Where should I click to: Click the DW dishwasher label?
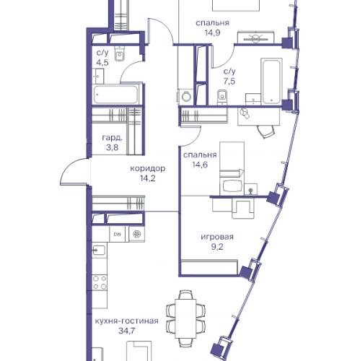click(x=118, y=234)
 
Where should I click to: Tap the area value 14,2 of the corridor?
click(x=148, y=178)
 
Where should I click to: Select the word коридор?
click(x=148, y=168)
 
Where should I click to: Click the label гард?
click(x=113, y=138)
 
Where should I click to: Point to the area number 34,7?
click(x=127, y=331)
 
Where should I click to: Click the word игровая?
click(x=217, y=237)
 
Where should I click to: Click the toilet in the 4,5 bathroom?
click(x=120, y=53)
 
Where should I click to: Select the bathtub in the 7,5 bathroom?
click(x=271, y=82)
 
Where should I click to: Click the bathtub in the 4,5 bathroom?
click(x=115, y=95)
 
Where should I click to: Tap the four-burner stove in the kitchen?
click(x=100, y=282)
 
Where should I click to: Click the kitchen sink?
click(x=99, y=251)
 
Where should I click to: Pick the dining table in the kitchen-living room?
click(x=185, y=318)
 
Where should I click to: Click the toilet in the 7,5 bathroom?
click(x=222, y=97)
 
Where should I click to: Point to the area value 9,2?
click(x=217, y=247)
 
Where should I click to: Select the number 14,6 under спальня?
click(x=200, y=165)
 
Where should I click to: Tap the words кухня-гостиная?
click(x=127, y=321)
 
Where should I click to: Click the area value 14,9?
click(x=213, y=32)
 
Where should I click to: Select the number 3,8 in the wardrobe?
click(x=113, y=147)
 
